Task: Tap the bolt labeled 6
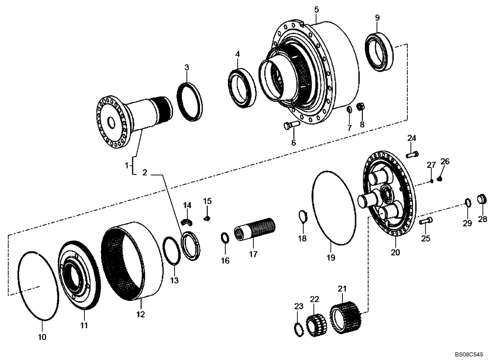pos(291,125)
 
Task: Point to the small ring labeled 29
pos(467,203)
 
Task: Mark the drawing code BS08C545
pos(468,353)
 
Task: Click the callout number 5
pos(316,10)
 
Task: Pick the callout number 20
pos(395,252)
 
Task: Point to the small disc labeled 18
pos(302,216)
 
